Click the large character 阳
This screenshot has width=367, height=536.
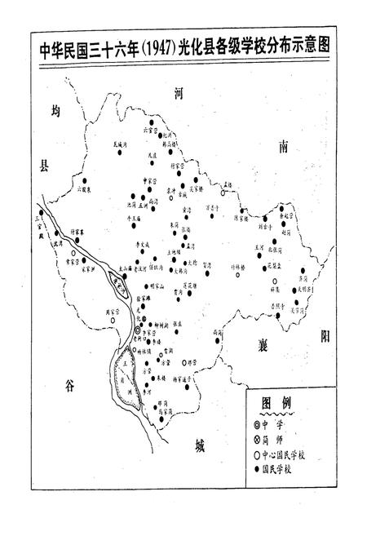pyautogui.click(x=324, y=335)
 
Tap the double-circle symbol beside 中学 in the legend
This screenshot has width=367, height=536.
pyautogui.click(x=259, y=425)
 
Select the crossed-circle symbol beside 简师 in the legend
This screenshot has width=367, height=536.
pyautogui.click(x=259, y=440)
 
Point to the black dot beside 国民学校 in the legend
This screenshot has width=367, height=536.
pyautogui.click(x=259, y=469)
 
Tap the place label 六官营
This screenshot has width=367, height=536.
pyautogui.click(x=149, y=129)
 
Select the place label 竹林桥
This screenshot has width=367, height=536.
pyautogui.click(x=237, y=267)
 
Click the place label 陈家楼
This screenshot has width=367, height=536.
pyautogui.click(x=244, y=218)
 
